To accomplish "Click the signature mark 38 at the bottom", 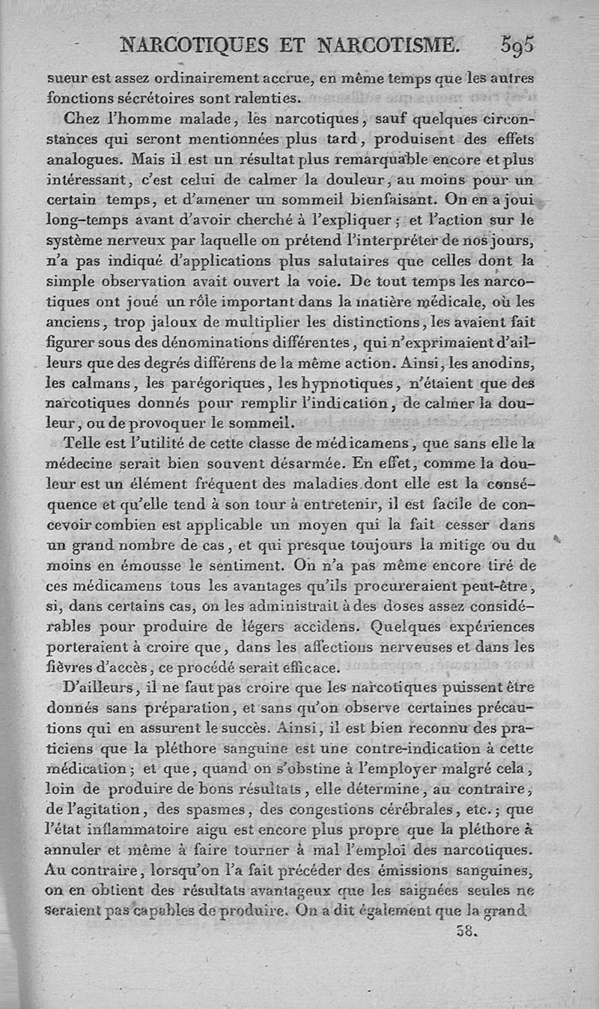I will click(466, 933).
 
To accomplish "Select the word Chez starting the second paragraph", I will click(82, 118).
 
